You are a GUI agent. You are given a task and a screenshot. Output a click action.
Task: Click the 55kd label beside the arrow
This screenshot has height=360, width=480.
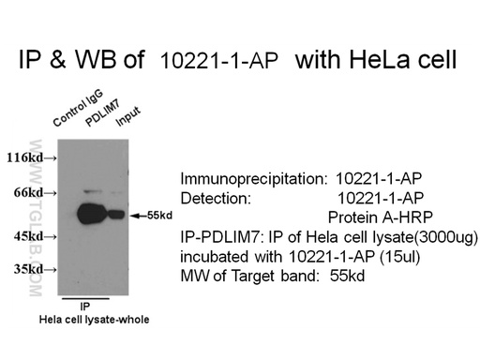tap(160, 216)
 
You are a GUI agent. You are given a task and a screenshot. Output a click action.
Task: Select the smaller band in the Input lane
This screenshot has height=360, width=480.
tap(116, 214)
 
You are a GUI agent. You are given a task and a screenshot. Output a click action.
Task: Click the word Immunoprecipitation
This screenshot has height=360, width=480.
tap(251, 178)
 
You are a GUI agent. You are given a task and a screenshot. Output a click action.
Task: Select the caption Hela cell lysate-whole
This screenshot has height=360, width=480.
tap(94, 321)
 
